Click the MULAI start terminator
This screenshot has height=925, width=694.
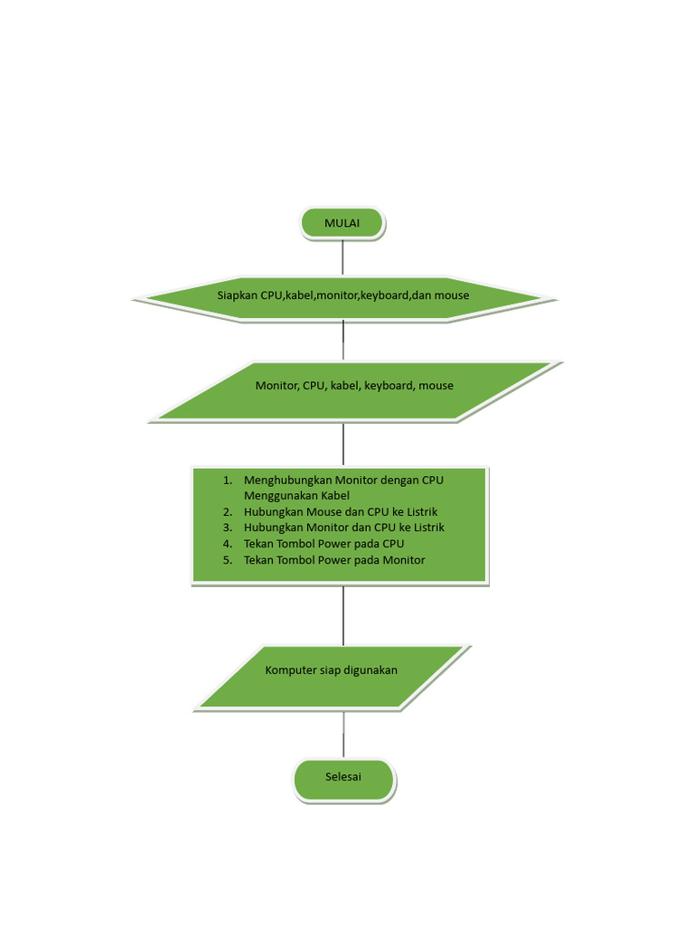(x=342, y=223)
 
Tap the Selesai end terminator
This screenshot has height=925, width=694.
(x=343, y=779)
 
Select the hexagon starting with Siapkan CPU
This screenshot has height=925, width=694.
(x=341, y=296)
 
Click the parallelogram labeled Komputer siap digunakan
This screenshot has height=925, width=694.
(x=332, y=677)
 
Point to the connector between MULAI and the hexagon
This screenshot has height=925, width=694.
(x=342, y=257)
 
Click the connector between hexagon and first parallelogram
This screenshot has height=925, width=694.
(x=343, y=341)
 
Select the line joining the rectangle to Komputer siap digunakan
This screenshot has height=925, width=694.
(x=343, y=615)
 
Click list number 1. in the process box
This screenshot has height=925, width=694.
(x=228, y=480)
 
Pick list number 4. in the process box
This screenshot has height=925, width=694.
(x=228, y=544)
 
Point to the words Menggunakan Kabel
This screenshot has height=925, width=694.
(x=296, y=496)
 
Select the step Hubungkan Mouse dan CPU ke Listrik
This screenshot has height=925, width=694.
(x=341, y=511)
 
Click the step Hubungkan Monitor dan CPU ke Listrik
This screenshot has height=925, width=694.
(x=344, y=528)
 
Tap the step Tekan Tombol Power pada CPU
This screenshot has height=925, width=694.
(x=324, y=544)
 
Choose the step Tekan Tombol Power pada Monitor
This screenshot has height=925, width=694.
(x=334, y=560)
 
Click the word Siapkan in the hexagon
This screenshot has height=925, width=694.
(x=237, y=295)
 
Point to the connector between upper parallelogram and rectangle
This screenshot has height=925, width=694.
(x=343, y=444)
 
